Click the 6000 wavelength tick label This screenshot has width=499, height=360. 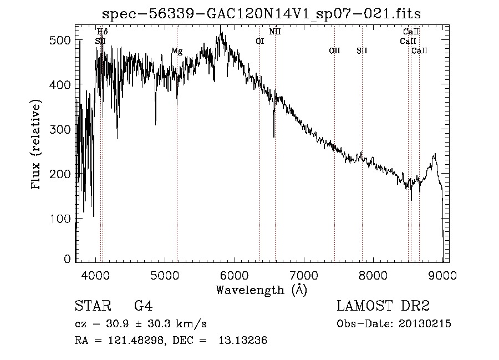pyautogui.click(x=235, y=275)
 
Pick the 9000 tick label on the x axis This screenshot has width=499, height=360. pyautogui.click(x=442, y=275)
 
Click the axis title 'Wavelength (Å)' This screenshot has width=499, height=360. pyautogui.click(x=261, y=290)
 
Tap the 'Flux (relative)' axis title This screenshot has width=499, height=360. pyautogui.click(x=37, y=146)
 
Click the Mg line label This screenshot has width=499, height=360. pyautogui.click(x=177, y=51)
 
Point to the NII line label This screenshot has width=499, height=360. pyautogui.click(x=275, y=32)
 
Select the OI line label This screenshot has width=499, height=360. pyautogui.click(x=260, y=41)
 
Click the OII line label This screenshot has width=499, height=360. pyautogui.click(x=334, y=51)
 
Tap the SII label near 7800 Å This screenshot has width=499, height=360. pyautogui.click(x=362, y=51)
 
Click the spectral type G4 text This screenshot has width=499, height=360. pyautogui.click(x=144, y=306)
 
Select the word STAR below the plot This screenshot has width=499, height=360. pyautogui.click(x=91, y=306)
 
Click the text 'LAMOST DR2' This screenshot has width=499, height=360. pyautogui.click(x=383, y=306)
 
